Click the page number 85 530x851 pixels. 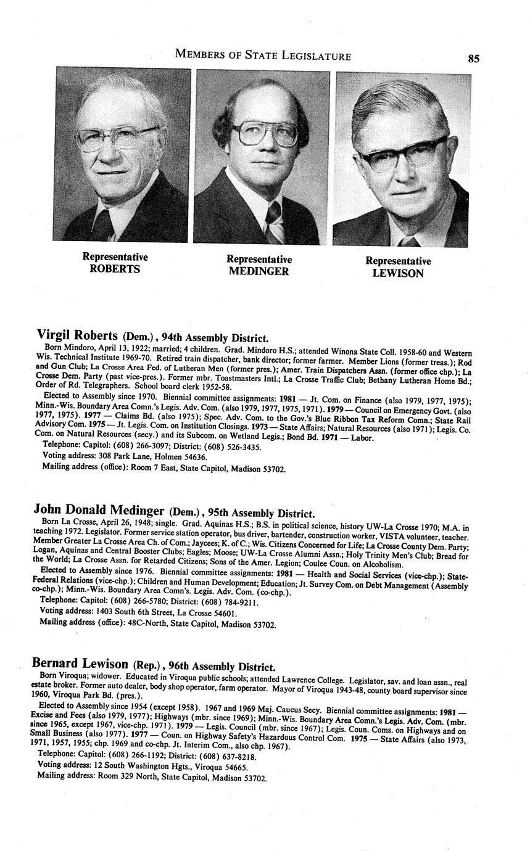click(473, 59)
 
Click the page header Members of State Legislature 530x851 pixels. click(263, 56)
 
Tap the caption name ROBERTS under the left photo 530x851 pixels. click(115, 269)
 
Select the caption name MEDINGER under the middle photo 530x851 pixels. click(259, 271)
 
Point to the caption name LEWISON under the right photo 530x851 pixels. click(398, 273)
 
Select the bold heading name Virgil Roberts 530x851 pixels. click(77, 335)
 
